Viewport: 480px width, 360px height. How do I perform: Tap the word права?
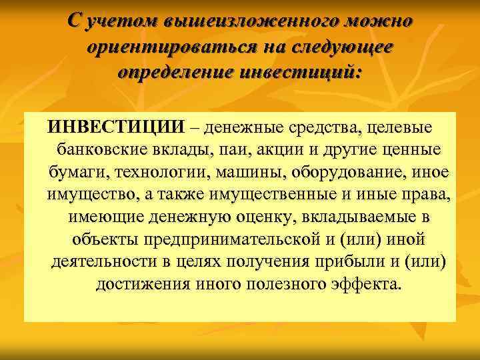429,195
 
